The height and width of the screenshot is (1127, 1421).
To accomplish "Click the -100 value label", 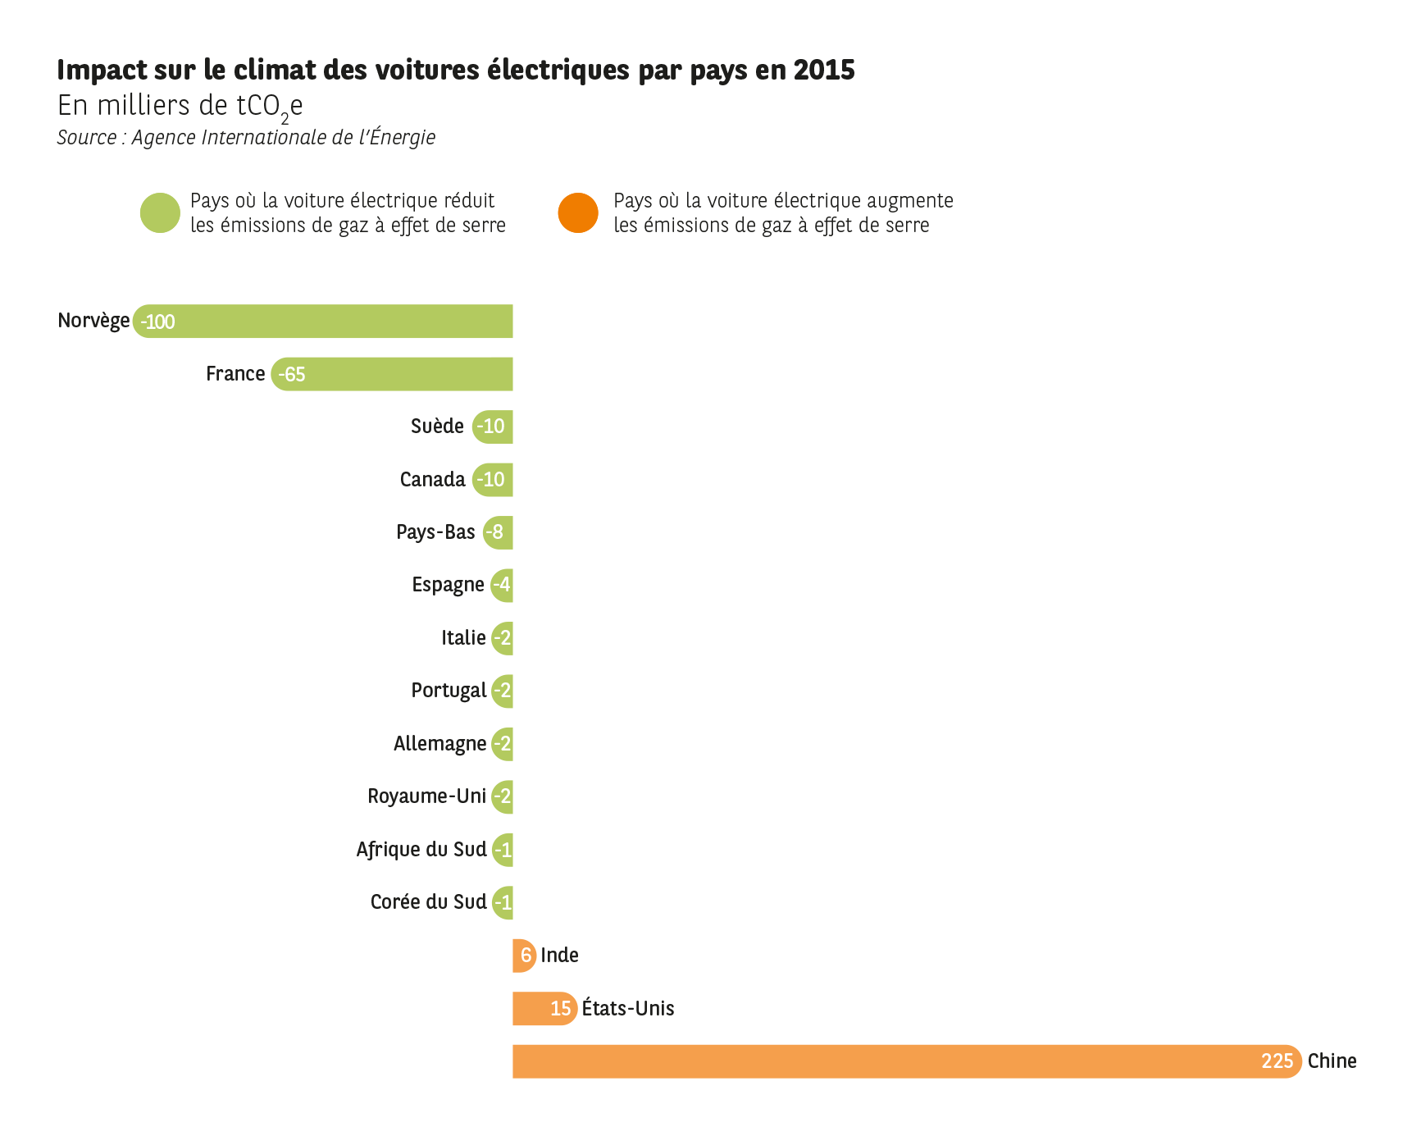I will pos(157,322).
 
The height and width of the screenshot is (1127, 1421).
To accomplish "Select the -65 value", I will pos(292,374).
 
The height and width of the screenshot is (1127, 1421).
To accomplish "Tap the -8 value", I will pos(494,532).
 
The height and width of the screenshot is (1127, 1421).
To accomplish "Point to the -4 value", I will pos(503,584).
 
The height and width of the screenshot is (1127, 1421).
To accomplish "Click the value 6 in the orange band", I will pos(526,955).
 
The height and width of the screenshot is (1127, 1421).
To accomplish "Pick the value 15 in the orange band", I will pos(561,1008).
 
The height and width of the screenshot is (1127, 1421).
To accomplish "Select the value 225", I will pos(1277,1061).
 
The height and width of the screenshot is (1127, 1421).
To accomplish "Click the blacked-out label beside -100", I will pos(95,321).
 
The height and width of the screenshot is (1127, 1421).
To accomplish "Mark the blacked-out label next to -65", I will pos(239,373).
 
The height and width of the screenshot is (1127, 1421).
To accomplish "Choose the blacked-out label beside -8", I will pos(440,532).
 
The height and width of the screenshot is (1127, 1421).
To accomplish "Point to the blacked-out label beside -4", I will pos(452,585).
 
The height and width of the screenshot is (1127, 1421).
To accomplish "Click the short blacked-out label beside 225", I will pos(1364,1060).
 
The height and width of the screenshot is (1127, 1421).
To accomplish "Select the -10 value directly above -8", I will pos(491,479).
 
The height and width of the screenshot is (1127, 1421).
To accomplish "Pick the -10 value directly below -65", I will pos(491,426).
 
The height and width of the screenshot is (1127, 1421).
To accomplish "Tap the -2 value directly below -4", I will pos(503,637).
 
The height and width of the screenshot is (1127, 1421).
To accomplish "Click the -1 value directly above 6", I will pos(503,902).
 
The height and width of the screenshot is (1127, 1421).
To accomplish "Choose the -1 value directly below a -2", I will pos(503,850).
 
